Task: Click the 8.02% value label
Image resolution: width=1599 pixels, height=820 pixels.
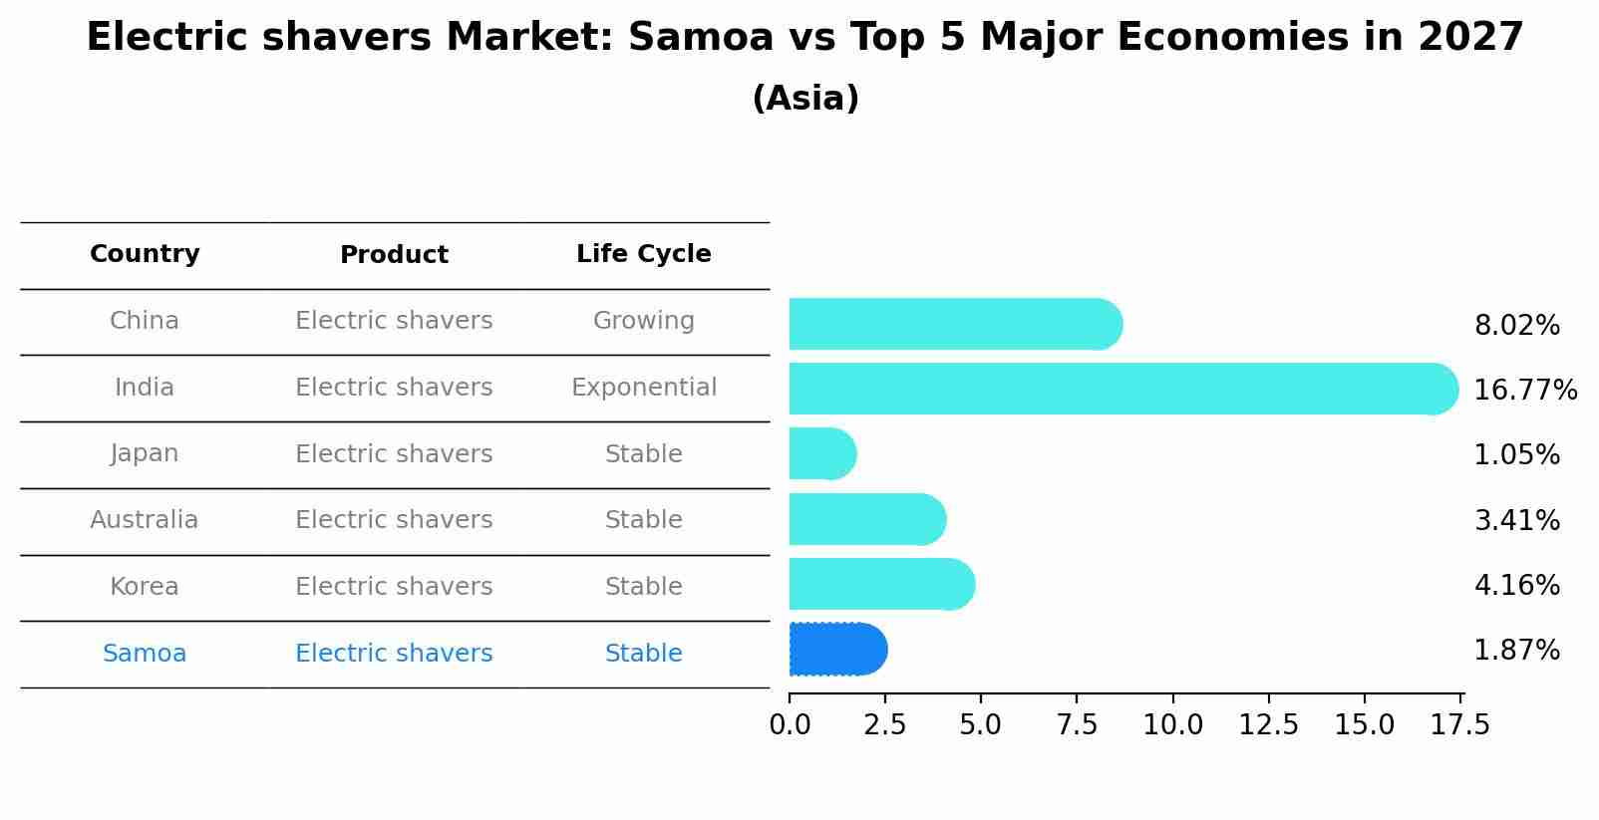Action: [1516, 326]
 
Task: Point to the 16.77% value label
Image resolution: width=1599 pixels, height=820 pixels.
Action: [1524, 390]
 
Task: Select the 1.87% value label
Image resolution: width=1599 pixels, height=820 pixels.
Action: [1516, 651]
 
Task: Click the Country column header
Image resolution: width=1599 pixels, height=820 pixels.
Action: [145, 254]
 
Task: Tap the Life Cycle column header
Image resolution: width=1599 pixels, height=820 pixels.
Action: [643, 254]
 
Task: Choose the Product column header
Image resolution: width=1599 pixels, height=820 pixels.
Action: [394, 255]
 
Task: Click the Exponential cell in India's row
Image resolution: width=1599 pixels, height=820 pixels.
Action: [643, 388]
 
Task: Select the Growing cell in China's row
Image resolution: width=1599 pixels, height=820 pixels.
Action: [643, 321]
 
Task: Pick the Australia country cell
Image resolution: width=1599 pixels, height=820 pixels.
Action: [145, 520]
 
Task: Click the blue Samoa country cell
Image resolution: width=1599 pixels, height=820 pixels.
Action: [145, 654]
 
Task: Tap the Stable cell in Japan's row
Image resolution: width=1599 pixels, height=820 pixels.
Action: [643, 454]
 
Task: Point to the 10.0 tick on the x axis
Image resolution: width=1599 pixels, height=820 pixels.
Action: [1172, 725]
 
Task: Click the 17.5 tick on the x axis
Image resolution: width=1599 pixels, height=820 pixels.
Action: [1460, 725]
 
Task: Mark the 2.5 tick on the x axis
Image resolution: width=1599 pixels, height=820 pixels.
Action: [885, 725]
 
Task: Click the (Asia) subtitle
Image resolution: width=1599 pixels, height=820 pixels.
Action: [805, 99]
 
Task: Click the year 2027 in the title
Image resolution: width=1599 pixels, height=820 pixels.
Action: [1470, 38]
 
